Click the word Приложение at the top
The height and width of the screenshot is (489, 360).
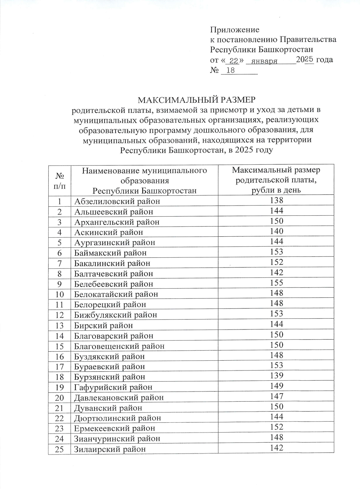(x=235, y=30)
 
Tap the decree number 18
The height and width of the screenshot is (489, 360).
(x=231, y=71)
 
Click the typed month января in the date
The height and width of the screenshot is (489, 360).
(x=264, y=61)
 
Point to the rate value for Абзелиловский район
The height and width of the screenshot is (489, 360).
(x=276, y=200)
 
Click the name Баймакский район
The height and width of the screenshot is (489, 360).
(x=110, y=253)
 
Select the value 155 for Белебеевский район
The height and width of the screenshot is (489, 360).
(x=276, y=283)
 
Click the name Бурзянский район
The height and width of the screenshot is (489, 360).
(x=109, y=377)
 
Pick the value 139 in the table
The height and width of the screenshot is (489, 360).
(x=276, y=375)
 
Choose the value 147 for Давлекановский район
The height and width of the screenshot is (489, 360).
(x=276, y=396)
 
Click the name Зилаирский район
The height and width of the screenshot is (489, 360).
(x=110, y=449)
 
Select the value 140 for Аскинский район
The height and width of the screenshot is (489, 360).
(x=276, y=231)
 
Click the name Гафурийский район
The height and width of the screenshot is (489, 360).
(x=113, y=387)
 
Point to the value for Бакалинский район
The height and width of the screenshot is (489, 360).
(x=276, y=262)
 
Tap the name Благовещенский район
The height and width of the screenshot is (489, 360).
(x=119, y=346)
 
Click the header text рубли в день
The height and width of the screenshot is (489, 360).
(x=276, y=190)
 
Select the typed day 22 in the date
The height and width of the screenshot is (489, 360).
(x=233, y=61)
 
